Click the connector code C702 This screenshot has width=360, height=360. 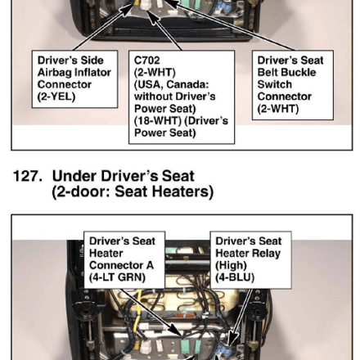coord(147,61)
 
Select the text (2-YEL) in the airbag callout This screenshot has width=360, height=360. coord(56,97)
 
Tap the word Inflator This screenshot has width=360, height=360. coord(93,73)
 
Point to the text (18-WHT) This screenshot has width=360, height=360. coord(156,121)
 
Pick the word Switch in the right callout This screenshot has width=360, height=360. coord(275,84)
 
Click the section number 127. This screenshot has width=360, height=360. coord(28,176)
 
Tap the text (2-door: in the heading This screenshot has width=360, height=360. coord(81,191)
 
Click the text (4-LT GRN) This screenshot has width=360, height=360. coord(117,277)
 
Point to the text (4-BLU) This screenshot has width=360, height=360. coord(235,277)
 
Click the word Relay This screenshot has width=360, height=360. coord(267,254)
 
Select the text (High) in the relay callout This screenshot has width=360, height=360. coord(231,265)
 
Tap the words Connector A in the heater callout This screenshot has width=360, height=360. coord(122,265)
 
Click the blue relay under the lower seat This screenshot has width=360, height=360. coord(225,350)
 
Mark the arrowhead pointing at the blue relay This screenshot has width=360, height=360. coord(232,340)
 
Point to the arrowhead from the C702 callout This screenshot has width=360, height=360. coord(153,17)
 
